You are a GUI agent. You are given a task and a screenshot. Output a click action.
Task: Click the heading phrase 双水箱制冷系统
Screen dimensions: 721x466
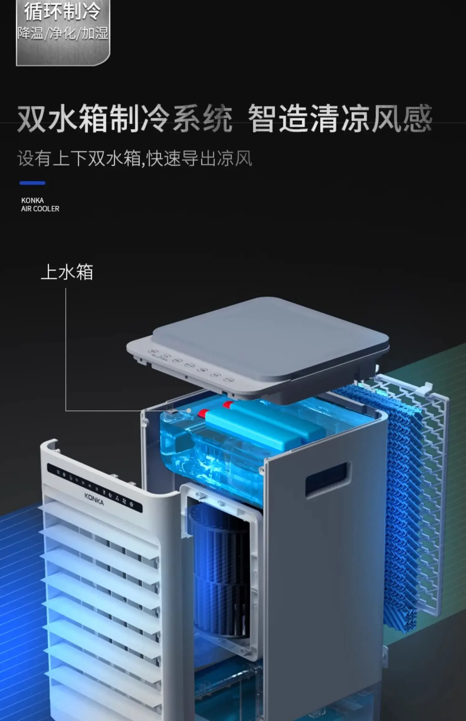(124, 119)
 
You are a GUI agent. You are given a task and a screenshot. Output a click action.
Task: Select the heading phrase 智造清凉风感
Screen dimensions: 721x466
(340, 119)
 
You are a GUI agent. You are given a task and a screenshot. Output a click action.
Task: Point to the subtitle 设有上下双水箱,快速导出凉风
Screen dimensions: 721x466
(135, 159)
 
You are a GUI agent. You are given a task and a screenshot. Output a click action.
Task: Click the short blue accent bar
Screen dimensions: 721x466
(32, 183)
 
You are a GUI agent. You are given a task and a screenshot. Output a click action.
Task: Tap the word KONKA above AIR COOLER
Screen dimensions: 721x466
(32, 200)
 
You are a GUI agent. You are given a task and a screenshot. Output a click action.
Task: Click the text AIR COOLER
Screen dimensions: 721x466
(40, 209)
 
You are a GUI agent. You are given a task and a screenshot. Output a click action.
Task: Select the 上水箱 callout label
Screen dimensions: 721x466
(67, 272)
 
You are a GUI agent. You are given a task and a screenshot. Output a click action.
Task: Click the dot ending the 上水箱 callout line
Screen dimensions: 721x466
(189, 410)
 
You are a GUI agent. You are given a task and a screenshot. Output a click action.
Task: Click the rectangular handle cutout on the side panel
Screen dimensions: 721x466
(327, 479)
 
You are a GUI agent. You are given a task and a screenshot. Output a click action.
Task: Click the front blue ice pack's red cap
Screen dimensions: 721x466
(203, 413)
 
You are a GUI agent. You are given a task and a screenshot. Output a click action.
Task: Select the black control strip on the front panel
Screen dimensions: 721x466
(94, 488)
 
